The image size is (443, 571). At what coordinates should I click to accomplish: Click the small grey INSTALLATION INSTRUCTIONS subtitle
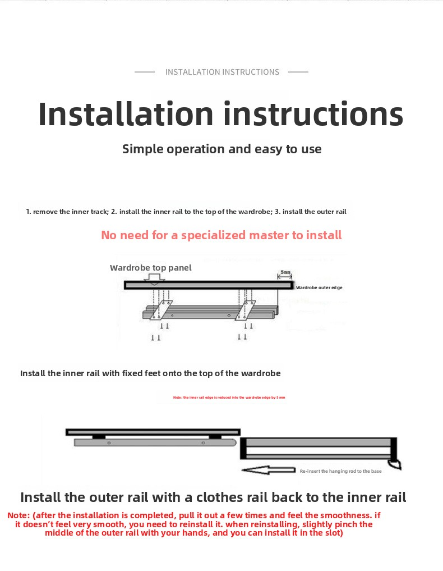(x=222, y=72)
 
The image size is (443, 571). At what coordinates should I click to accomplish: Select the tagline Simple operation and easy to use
(x=222, y=149)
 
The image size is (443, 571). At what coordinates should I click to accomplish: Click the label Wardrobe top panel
(x=150, y=268)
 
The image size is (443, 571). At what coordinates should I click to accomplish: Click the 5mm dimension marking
(x=285, y=273)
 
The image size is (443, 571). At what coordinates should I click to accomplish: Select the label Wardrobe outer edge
(x=319, y=287)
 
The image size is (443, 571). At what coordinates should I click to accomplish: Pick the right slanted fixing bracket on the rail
(x=247, y=309)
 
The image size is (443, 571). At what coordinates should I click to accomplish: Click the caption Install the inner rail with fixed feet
(x=150, y=373)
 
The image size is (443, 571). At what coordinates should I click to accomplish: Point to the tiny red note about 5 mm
(x=229, y=397)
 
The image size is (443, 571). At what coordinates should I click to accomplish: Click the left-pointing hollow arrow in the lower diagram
(x=268, y=470)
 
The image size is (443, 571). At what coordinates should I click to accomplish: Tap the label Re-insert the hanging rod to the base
(x=340, y=471)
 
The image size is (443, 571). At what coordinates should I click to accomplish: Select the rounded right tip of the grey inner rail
(x=234, y=442)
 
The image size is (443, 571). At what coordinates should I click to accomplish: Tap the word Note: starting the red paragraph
(x=19, y=515)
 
